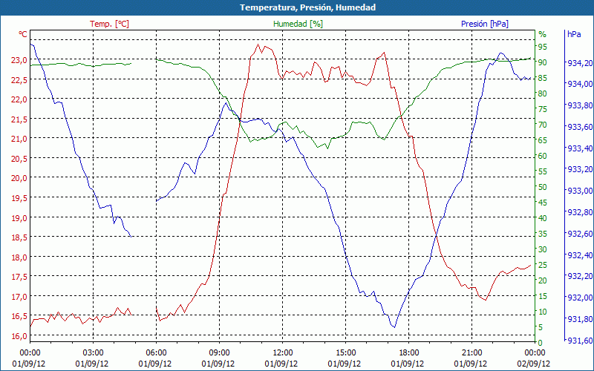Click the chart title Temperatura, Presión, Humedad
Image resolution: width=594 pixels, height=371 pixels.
coord(297,7)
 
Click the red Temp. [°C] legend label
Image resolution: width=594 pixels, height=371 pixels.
coord(109,24)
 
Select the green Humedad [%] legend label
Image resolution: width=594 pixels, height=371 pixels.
coord(298,24)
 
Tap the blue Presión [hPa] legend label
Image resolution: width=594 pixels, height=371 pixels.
coord(484,24)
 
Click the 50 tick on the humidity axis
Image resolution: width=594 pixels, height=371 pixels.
coord(543,187)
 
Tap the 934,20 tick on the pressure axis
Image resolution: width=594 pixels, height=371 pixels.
coord(579,63)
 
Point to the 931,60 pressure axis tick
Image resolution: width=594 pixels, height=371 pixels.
coord(579,341)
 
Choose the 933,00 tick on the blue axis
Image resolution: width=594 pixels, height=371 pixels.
coord(579,191)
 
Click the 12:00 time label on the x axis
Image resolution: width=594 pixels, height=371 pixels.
coord(282,352)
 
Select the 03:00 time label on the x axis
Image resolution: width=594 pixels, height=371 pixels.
coord(93,352)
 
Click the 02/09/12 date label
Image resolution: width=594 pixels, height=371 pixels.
coord(535,364)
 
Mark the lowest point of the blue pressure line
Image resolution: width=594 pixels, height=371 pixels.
coord(394,327)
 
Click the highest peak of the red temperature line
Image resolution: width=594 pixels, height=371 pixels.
coord(258,44)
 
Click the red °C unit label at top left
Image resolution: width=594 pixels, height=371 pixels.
coord(23,34)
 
